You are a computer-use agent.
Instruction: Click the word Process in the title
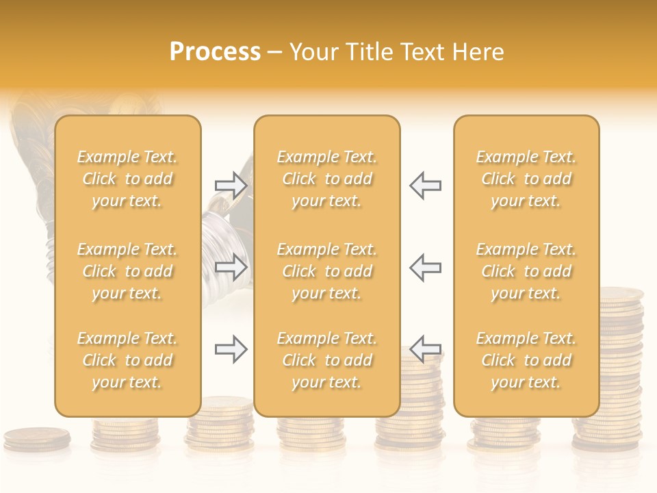pyautogui.click(x=215, y=52)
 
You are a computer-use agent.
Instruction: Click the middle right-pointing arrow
pyautogui.click(x=231, y=267)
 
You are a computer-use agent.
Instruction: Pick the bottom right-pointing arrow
pyautogui.click(x=231, y=349)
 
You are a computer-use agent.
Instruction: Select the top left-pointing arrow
pyautogui.click(x=426, y=186)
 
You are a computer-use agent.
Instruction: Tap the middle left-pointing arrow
pyautogui.click(x=426, y=267)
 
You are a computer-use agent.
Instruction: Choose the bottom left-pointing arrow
pyautogui.click(x=426, y=349)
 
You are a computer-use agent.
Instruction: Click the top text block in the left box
pyautogui.click(x=127, y=179)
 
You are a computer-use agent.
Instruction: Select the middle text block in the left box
pyautogui.click(x=127, y=271)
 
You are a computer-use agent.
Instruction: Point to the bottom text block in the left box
pyautogui.click(x=127, y=360)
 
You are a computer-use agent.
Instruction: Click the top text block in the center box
pyautogui.click(x=326, y=179)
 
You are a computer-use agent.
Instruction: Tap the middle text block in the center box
pyautogui.click(x=326, y=271)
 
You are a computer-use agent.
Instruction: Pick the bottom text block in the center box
pyautogui.click(x=326, y=360)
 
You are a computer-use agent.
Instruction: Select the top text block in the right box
pyautogui.click(x=526, y=179)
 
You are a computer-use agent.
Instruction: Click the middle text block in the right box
pyautogui.click(x=526, y=271)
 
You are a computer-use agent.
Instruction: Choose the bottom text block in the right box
pyautogui.click(x=526, y=360)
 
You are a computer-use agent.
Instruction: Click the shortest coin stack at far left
pyautogui.click(x=37, y=438)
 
